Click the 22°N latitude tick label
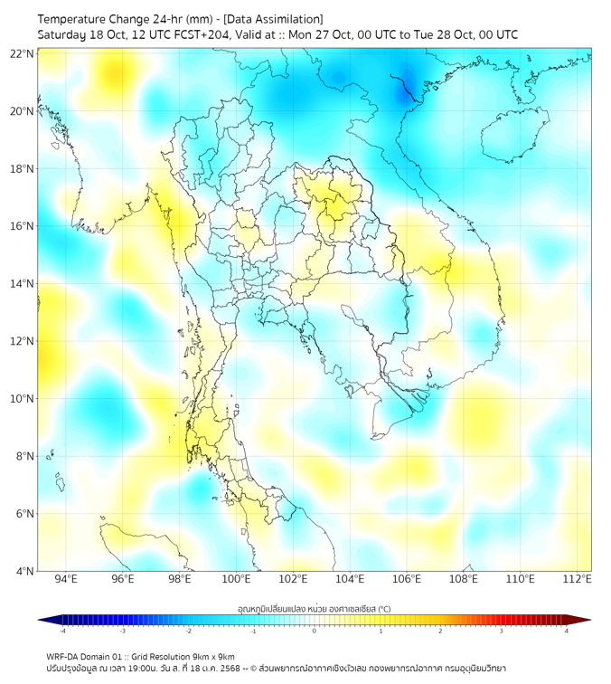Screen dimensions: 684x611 coord(23,54)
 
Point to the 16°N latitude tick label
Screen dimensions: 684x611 coord(23,226)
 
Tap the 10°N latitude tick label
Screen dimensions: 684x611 coord(23,399)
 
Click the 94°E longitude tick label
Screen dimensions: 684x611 coord(66,579)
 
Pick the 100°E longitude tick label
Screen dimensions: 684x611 coord(236,579)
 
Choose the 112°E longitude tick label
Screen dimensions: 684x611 coord(578,579)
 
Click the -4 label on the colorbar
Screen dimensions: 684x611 coord(62,631)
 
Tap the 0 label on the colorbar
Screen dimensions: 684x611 coord(315,631)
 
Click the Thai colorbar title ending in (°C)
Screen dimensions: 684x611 coord(314,609)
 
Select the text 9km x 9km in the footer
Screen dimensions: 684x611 coord(213,656)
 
